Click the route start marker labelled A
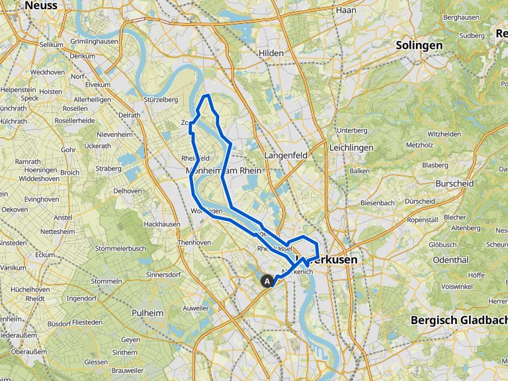point(268,281)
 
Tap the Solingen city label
point(419,46)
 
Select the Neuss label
point(40,5)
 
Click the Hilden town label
point(271,53)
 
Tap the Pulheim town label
point(148,313)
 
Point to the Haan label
point(346,10)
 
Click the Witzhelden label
point(443,134)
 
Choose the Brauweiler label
point(127,372)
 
